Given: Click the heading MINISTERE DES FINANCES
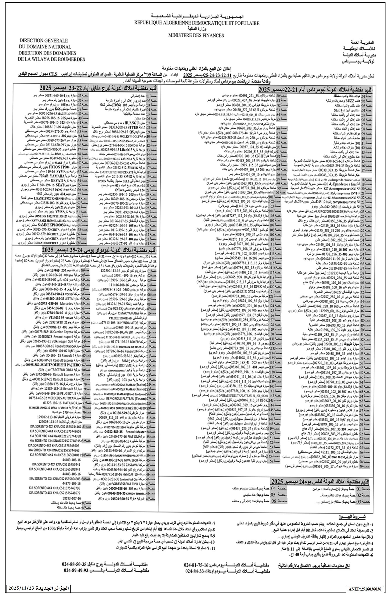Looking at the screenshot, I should pos(196,35).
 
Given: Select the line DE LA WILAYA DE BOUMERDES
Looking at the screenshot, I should pos(51,59).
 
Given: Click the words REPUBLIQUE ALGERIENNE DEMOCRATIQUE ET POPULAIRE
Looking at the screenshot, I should pos(197,23).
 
